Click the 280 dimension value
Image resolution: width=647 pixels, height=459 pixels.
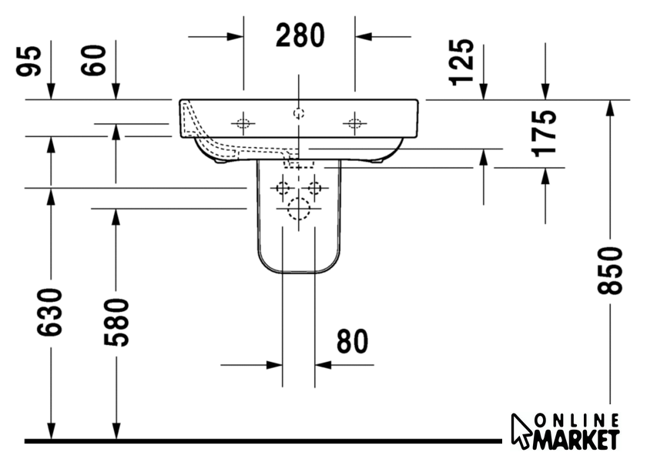click(x=300, y=35)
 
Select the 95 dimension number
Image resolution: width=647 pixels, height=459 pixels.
click(x=29, y=61)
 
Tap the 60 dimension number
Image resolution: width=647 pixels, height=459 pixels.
click(x=93, y=60)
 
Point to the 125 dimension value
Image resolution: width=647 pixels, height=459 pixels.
click(x=461, y=62)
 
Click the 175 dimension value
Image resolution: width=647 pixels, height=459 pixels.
click(x=545, y=133)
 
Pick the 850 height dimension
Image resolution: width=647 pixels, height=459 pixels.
click(x=609, y=270)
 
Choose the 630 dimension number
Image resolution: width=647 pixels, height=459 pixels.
click(x=50, y=312)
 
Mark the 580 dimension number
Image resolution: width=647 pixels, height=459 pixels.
click(x=116, y=323)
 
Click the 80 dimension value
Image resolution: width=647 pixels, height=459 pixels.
click(x=352, y=341)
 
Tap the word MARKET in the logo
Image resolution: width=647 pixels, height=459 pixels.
click(x=576, y=439)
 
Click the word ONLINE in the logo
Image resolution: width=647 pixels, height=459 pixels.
click(x=577, y=421)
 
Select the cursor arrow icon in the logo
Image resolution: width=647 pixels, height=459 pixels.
click(x=521, y=431)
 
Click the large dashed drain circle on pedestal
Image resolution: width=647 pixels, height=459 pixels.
click(x=299, y=209)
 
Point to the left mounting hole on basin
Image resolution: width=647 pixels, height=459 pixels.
click(x=243, y=123)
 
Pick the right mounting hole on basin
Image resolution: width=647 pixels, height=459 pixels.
click(x=354, y=123)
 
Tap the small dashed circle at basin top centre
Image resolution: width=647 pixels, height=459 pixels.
click(x=299, y=112)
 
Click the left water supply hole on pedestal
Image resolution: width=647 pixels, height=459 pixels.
click(x=283, y=188)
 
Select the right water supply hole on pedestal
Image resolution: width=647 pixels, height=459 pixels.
click(x=315, y=188)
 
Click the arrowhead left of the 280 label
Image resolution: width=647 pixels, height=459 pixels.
click(x=235, y=37)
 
